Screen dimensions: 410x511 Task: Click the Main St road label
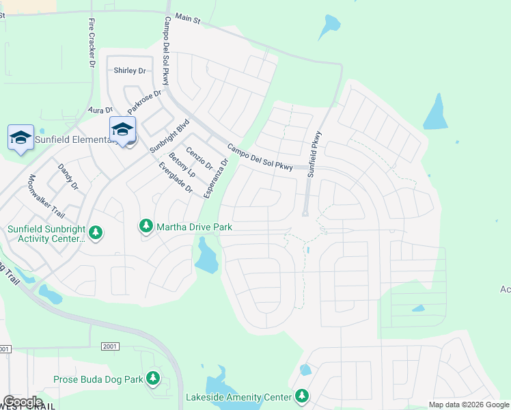pos(187,20)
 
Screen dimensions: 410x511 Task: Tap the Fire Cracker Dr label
pos(92,42)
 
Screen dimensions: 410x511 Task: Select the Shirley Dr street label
pos(130,70)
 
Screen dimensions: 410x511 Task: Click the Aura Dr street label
pos(100,110)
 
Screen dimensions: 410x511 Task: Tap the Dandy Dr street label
pos(68,176)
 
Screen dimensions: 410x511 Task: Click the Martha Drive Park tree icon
pos(146,225)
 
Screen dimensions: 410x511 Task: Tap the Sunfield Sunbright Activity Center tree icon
pos(96,234)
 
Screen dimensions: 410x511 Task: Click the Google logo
pos(22,402)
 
